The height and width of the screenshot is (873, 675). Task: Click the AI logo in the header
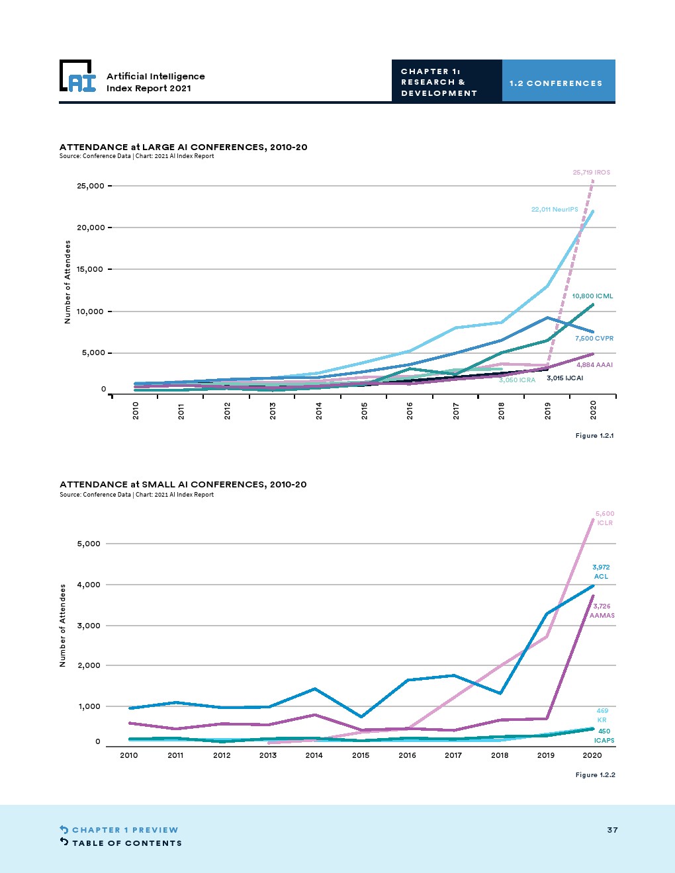tap(78, 77)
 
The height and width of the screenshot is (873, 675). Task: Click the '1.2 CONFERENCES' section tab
tap(556, 83)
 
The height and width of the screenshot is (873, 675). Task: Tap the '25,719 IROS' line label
tap(591, 173)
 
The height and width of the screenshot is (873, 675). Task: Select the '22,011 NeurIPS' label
tap(555, 210)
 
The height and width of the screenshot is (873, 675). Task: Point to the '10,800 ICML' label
tap(592, 296)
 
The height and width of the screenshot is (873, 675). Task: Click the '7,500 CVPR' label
tap(594, 339)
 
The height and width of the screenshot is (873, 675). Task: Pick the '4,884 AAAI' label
tap(594, 365)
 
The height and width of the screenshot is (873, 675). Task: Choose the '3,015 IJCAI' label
tap(564, 378)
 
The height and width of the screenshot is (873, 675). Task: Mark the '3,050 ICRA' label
tap(517, 380)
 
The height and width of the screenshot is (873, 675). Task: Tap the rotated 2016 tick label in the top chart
tap(410, 410)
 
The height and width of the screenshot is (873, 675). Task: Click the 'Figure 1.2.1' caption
tap(594, 436)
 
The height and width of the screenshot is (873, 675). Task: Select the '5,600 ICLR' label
tap(605, 518)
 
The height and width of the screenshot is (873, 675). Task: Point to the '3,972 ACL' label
tap(601, 571)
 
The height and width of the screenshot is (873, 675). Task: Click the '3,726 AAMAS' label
tap(602, 610)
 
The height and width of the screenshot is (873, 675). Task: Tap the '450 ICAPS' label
tap(604, 736)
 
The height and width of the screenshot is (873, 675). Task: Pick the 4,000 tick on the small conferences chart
tap(89, 585)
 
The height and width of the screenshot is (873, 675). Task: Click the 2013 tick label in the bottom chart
tap(268, 755)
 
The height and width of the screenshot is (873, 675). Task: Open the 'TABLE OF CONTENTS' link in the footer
tap(126, 843)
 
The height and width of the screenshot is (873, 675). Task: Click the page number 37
tap(612, 830)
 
